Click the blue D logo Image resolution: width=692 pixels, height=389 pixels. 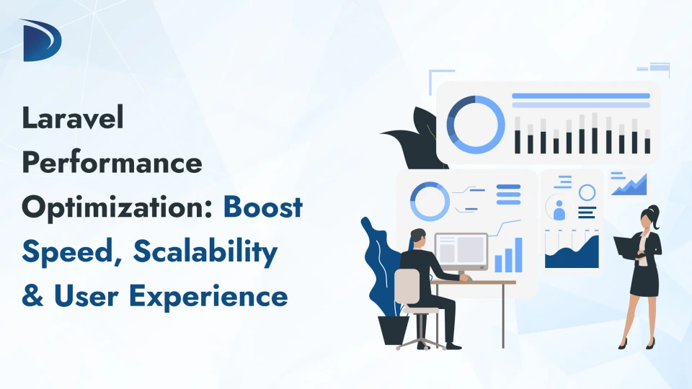[42, 40]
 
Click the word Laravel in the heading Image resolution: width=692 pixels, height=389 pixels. [73, 119]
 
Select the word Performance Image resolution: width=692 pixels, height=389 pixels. [112, 163]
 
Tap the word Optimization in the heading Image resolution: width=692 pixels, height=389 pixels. [117, 207]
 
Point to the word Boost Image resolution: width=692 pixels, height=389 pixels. [262, 207]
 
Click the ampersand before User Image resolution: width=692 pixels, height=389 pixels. [32, 296]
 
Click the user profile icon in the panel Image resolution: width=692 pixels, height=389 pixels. [559, 209]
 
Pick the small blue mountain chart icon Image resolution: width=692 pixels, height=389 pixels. [629, 185]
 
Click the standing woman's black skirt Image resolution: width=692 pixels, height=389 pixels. [643, 283]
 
